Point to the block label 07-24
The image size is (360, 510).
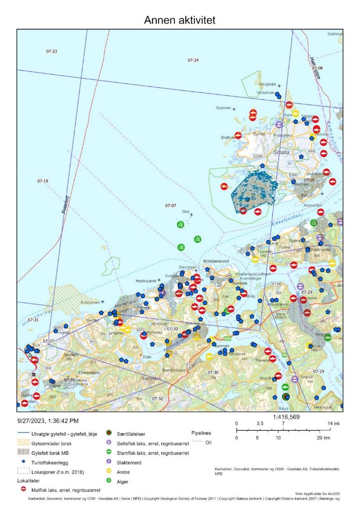[193, 60]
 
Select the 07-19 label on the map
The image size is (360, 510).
[43, 181]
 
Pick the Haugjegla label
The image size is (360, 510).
[268, 84]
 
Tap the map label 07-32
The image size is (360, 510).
[157, 398]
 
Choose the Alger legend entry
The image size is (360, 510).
[123, 481]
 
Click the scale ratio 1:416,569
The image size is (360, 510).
[283, 417]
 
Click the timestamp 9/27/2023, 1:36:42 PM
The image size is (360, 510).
[48, 421]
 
